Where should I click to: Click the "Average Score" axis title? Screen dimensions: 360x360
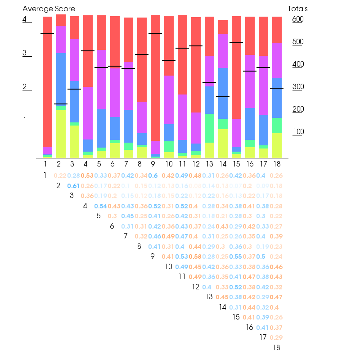[49, 9]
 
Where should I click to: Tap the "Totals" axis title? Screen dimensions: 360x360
[298, 9]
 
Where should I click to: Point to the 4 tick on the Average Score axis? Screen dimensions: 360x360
[25, 19]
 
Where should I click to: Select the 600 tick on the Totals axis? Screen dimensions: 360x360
[298, 19]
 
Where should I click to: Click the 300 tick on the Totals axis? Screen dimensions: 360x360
[298, 87]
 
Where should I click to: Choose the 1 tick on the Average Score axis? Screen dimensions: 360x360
[25, 121]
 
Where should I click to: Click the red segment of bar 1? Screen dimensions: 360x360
[47, 81]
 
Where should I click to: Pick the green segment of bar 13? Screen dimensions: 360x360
[209, 128]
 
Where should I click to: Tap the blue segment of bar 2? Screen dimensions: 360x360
[61, 79]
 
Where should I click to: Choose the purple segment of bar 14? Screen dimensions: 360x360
[223, 51]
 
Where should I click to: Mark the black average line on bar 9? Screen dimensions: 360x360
[155, 33]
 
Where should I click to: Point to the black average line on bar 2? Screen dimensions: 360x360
[61, 104]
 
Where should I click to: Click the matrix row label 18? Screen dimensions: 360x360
[276, 347]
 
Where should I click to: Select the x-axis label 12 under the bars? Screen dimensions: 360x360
[196, 164]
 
